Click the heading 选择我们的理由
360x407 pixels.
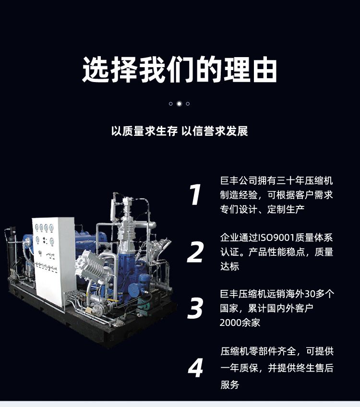[180, 70]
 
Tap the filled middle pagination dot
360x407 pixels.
[179, 104]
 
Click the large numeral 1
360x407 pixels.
[195, 194]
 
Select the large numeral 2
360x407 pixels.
[195, 251]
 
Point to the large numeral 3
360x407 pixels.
[195, 308]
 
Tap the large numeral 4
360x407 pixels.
[195, 368]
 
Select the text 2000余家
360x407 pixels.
[240, 323]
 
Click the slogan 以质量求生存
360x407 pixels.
[144, 131]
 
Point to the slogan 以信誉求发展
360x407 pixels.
[215, 131]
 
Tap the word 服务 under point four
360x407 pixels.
[230, 384]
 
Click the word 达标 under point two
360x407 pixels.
[230, 266]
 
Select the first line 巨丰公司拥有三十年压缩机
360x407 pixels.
[276, 180]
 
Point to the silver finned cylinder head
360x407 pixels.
[90, 265]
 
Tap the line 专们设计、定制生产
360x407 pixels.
[263, 209]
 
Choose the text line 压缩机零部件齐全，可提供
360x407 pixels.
[277, 351]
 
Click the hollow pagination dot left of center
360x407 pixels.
[170, 104]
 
